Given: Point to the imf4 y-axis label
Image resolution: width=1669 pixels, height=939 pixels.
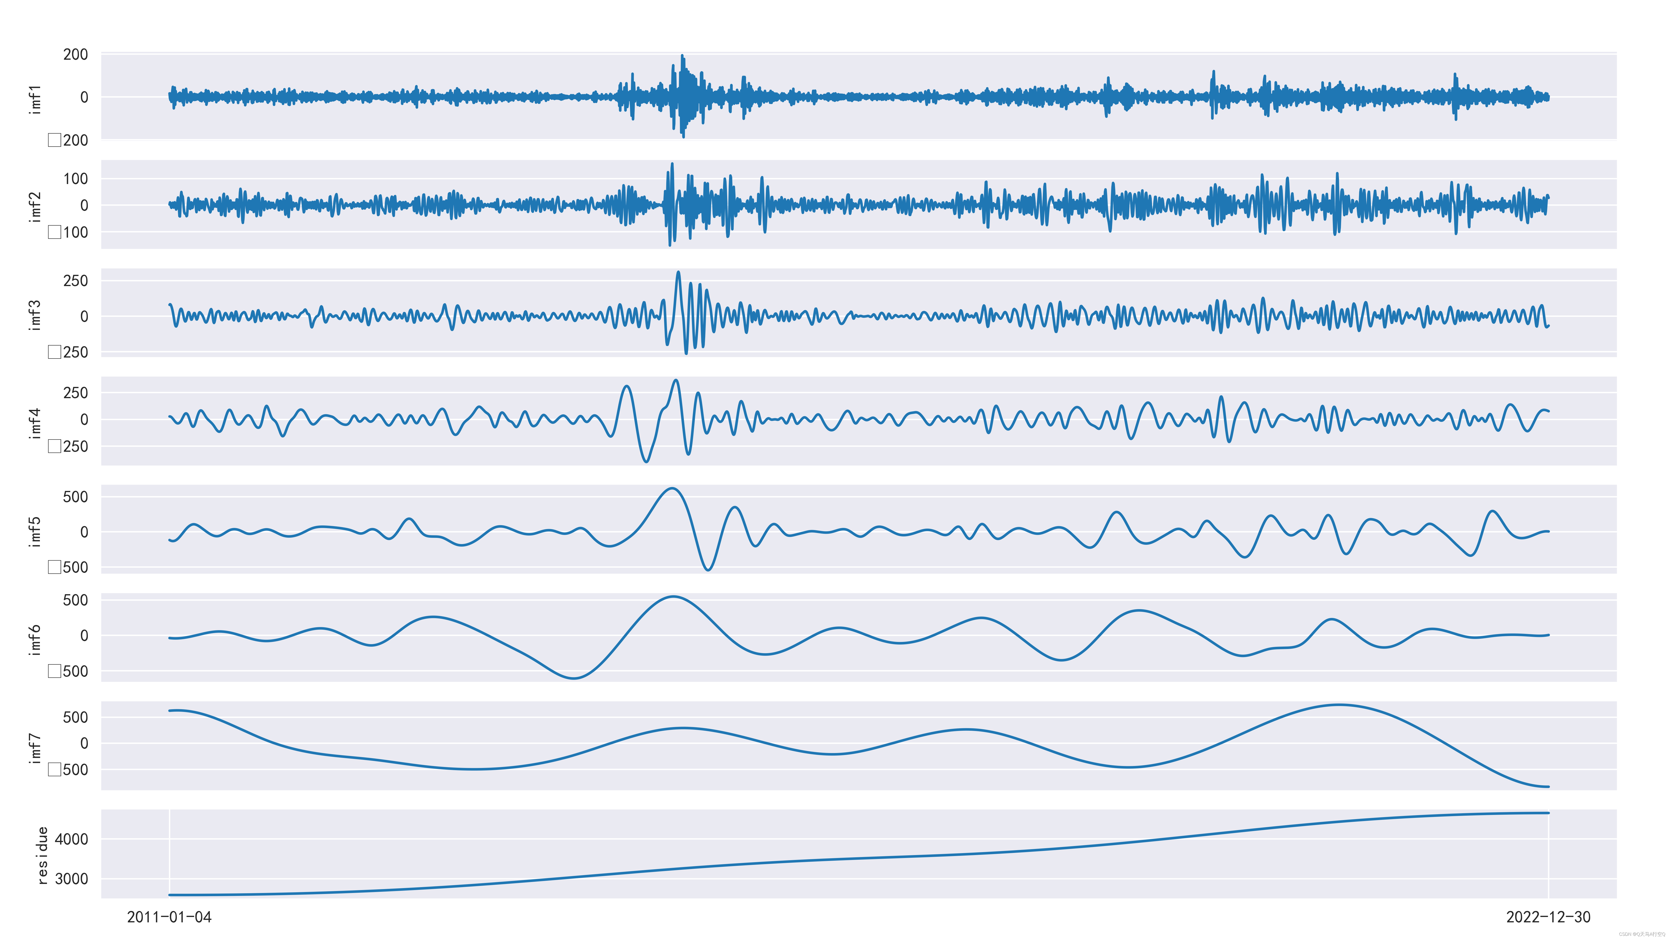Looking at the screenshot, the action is click(x=36, y=423).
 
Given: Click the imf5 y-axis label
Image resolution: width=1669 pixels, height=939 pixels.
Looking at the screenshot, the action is click(x=36, y=531).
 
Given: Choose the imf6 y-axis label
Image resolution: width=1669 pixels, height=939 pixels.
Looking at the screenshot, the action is click(x=36, y=640).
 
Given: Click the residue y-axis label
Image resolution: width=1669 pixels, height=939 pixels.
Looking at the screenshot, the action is click(x=42, y=855).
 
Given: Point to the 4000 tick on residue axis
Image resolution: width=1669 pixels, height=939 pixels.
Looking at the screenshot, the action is click(x=71, y=839).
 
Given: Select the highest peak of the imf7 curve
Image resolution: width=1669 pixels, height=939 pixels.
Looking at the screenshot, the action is click(x=1339, y=704).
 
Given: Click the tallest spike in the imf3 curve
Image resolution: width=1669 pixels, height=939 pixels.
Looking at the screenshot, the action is click(x=678, y=272).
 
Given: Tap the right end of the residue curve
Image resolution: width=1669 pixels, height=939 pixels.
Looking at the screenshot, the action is click(x=1548, y=813).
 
